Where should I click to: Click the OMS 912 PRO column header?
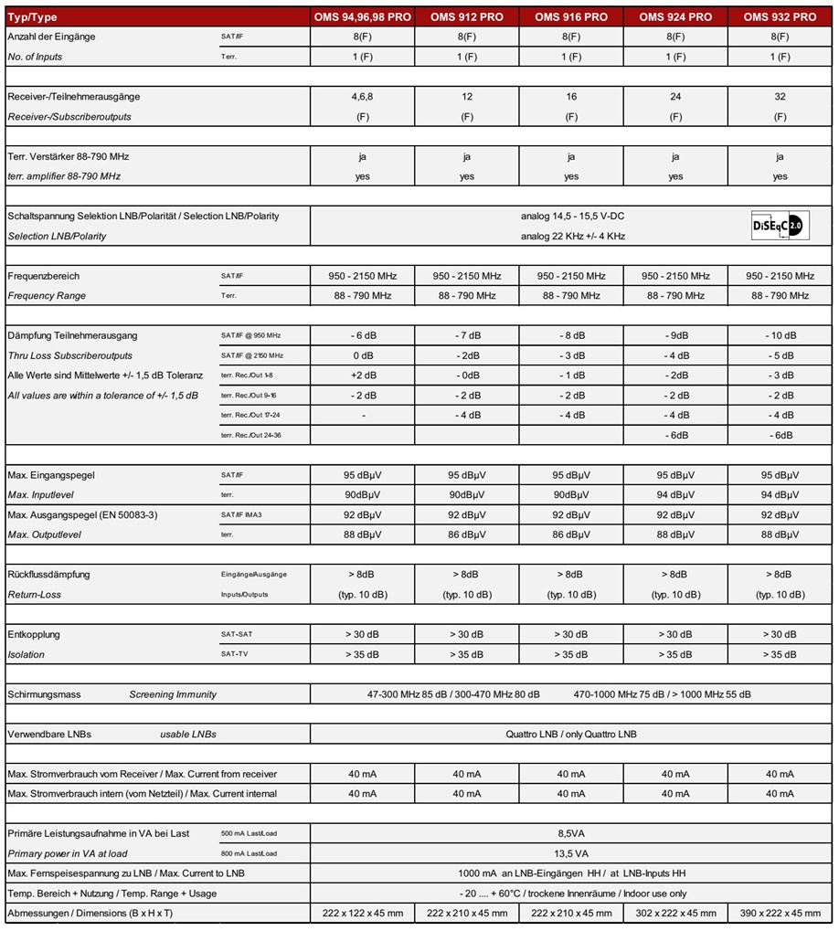tap(466, 16)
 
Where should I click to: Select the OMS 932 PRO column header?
tap(780, 16)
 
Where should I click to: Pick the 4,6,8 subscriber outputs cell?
tap(363, 97)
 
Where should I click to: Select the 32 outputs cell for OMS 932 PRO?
tap(780, 97)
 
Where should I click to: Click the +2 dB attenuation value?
tap(363, 376)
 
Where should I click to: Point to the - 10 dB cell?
tap(780, 335)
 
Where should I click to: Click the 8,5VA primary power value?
tap(571, 834)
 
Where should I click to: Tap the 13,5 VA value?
tap(571, 853)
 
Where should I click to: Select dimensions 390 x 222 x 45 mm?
tap(780, 914)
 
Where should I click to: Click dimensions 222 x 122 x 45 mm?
tap(363, 914)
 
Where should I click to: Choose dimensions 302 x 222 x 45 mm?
tap(675, 914)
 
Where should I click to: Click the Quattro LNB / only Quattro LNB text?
tap(571, 735)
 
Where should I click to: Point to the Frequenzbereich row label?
tap(44, 276)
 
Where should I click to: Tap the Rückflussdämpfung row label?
tap(48, 575)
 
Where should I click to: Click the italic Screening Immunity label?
tap(173, 694)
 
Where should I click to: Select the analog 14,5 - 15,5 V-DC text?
tap(572, 217)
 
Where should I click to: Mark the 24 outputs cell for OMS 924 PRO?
tap(675, 97)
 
